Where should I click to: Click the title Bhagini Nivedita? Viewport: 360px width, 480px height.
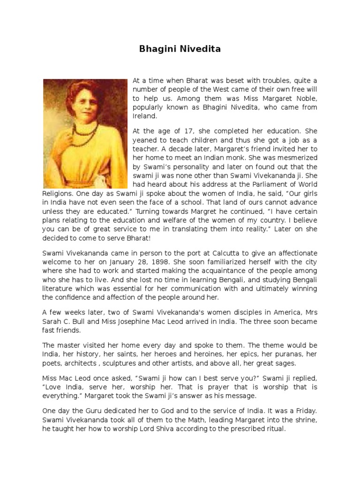[180, 48]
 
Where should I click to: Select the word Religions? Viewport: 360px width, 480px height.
[58, 192]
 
